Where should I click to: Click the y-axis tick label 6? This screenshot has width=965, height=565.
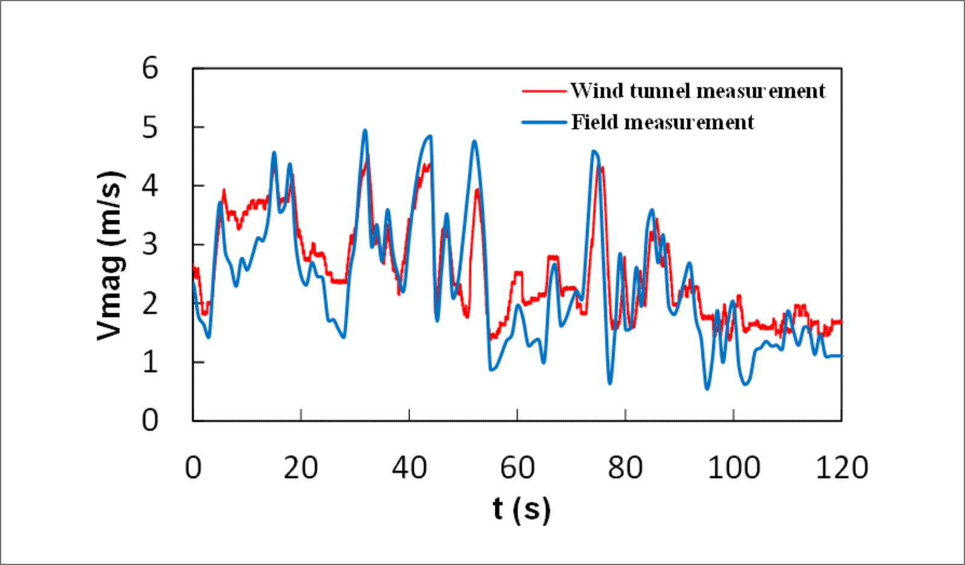(150, 68)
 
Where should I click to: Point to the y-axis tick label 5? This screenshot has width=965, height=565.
(150, 127)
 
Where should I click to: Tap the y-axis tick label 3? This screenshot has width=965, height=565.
(150, 244)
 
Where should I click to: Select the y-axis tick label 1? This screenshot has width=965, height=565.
(150, 362)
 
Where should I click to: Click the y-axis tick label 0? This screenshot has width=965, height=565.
(150, 420)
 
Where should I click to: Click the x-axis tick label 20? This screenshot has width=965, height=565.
(300, 468)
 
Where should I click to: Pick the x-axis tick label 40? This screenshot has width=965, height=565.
(409, 468)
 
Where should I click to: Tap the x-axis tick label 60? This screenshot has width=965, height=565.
(517, 468)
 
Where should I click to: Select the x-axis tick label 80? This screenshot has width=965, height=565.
(625, 468)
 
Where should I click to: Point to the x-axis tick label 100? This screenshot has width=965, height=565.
(733, 468)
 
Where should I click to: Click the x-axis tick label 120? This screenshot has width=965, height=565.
(841, 468)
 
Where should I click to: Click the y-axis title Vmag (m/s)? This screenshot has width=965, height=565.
(111, 256)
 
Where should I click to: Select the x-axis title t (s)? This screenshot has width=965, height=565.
(522, 509)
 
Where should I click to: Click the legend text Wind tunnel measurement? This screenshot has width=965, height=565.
(697, 91)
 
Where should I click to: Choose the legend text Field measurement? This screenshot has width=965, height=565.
(662, 123)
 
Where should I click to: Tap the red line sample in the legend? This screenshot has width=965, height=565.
(544, 91)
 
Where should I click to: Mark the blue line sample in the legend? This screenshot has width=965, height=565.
(544, 123)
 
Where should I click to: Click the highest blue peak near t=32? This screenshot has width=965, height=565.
(365, 130)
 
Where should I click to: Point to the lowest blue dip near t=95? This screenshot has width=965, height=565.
(707, 388)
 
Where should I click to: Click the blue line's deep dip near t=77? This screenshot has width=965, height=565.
(610, 383)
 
